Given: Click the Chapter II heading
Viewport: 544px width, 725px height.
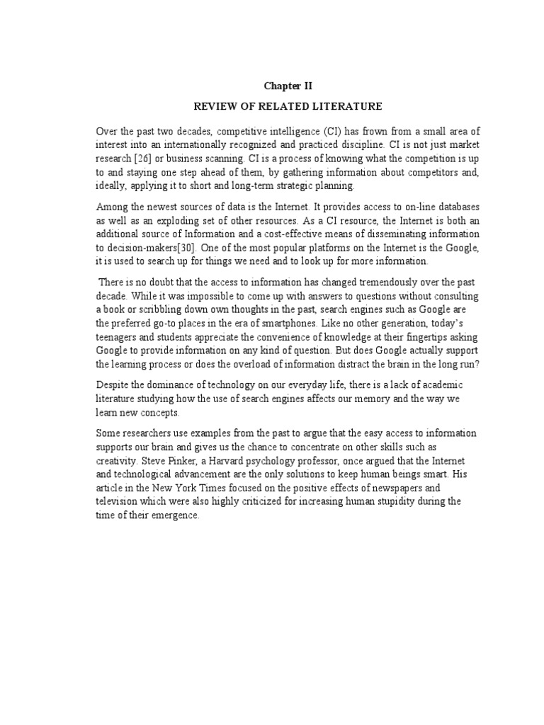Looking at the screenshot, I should (x=288, y=86).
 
